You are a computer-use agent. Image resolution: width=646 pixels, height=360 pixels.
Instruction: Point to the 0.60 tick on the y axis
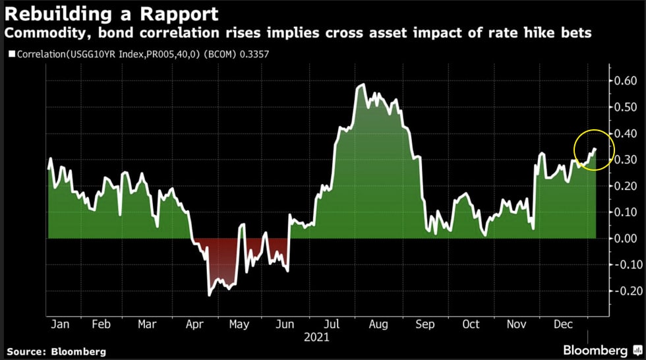pyautogui.click(x=626, y=81)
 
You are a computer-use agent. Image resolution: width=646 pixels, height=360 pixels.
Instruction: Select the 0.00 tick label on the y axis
pyautogui.click(x=626, y=239)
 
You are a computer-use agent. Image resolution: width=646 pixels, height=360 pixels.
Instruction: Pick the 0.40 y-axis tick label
pyautogui.click(x=626, y=134)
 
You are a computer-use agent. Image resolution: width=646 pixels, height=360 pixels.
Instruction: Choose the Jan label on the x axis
pyautogui.click(x=61, y=324)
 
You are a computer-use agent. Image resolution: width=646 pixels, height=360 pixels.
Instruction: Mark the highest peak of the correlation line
pyautogui.click(x=362, y=85)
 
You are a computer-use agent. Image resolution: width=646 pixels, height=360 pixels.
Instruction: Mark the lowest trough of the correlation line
pyautogui.click(x=209, y=295)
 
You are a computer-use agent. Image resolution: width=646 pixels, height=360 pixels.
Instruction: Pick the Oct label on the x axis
pyautogui.click(x=471, y=324)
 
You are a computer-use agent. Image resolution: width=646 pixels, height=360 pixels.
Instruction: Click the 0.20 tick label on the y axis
pyautogui.click(x=626, y=186)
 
